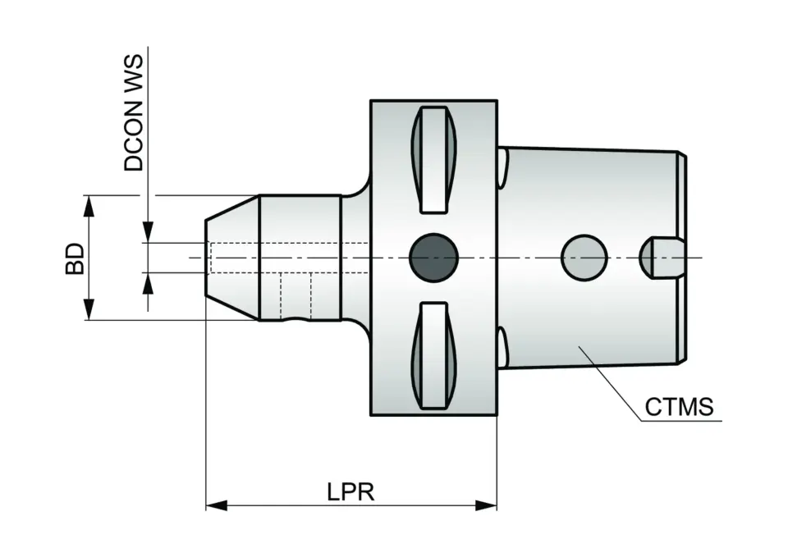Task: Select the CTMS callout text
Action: coord(679,406)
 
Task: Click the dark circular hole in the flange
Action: coord(433,258)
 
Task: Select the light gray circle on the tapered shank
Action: coord(584,258)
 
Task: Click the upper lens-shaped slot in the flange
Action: coord(433,158)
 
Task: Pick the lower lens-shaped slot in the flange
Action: coord(433,355)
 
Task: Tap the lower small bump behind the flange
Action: coord(502,347)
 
